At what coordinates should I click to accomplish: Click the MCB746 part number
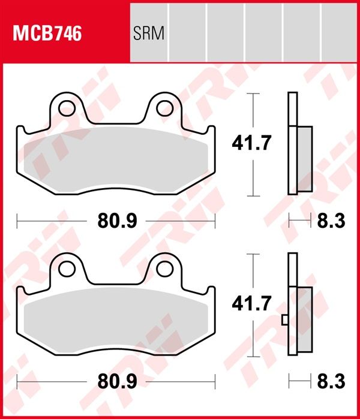(47, 34)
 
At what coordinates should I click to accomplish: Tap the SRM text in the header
(149, 34)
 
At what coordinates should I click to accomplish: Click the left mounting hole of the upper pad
(67, 108)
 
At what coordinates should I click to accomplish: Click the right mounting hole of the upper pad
(165, 108)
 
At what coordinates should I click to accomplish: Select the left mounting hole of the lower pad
(67, 269)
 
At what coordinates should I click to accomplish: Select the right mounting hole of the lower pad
(165, 269)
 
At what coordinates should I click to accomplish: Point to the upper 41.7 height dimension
(251, 143)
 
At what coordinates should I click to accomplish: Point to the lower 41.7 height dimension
(251, 303)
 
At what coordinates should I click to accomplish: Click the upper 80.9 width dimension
(117, 221)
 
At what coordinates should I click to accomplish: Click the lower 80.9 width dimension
(117, 381)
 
